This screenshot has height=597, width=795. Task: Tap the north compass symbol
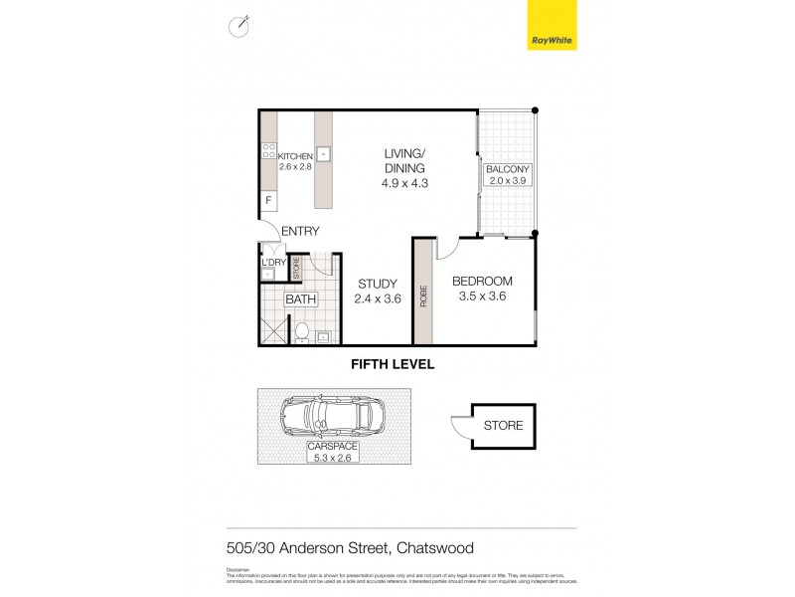tap(238, 27)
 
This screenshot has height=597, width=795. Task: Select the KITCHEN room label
tap(295, 156)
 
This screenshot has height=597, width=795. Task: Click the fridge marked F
tap(267, 201)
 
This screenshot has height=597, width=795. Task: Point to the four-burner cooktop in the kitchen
tap(267, 152)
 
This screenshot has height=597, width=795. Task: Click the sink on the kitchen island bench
tap(323, 155)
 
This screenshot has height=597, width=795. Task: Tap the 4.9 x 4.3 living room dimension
tap(405, 183)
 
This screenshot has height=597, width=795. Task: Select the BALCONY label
tap(509, 170)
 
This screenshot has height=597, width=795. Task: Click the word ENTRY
tap(300, 232)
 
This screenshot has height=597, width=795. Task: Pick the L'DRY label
tap(273, 262)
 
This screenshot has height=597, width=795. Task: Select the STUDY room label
tap(377, 282)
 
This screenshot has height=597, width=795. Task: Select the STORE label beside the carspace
tap(503, 426)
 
